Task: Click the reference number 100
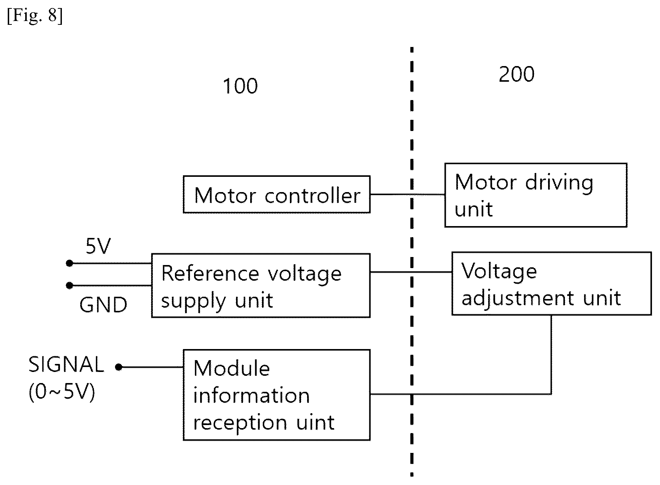(240, 86)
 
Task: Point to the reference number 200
(516, 74)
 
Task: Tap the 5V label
(98, 246)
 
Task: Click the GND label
(103, 305)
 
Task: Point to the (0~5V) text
(62, 392)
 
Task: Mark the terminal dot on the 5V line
(70, 263)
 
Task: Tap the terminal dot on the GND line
(70, 285)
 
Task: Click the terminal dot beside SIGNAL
(119, 367)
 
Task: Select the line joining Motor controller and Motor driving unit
(408, 194)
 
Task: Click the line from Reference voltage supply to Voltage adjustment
(411, 272)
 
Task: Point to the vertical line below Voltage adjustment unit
(551, 354)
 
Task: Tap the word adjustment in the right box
(518, 298)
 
